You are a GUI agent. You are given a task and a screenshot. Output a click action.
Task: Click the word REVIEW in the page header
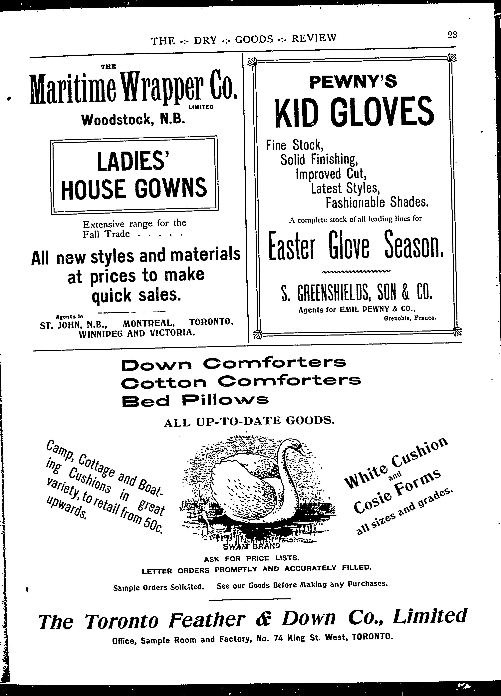pos(314,38)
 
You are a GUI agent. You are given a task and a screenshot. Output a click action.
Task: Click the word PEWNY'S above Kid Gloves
pos(353,82)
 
